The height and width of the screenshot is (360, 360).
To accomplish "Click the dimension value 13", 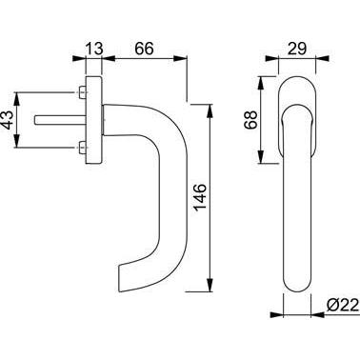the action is coord(94,49).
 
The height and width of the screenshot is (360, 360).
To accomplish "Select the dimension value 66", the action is coord(144,49).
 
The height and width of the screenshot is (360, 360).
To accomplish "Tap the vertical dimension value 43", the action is coord(8,120).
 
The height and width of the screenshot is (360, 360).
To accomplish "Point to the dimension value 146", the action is coord(200,197).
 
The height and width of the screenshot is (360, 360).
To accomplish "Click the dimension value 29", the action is coord(297,49).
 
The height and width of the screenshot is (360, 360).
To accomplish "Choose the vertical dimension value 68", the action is coord(250,120).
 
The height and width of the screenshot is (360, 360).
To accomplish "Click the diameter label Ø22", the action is coord(343,306).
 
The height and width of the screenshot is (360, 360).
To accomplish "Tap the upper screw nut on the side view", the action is coord(82,92).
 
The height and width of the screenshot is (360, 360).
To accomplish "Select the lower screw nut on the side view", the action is coord(82,148).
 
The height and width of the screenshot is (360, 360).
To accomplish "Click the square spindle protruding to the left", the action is coord(60,120).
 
